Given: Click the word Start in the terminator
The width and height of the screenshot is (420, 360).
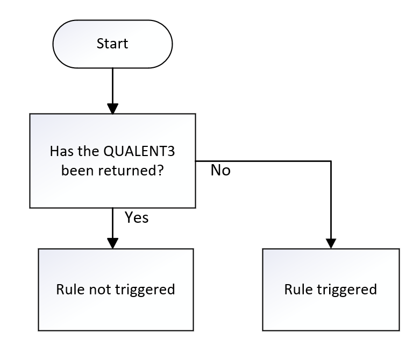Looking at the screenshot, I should pyautogui.click(x=112, y=44).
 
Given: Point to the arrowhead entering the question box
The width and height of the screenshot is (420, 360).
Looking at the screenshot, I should pyautogui.click(x=112, y=108).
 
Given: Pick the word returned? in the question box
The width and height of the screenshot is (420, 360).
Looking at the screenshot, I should pyautogui.click(x=139, y=170).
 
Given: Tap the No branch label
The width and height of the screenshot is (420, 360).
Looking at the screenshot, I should pyautogui.click(x=220, y=171).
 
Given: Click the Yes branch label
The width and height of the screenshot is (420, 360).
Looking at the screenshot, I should pyautogui.click(x=137, y=217).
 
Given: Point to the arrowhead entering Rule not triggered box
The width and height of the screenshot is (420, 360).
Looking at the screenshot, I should pyautogui.click(x=112, y=242).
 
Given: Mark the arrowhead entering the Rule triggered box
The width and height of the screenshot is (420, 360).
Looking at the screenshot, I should pyautogui.click(x=331, y=242).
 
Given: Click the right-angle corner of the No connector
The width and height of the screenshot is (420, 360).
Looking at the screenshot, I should pyautogui.click(x=331, y=161).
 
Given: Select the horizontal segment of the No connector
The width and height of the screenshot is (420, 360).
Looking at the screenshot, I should pyautogui.click(x=264, y=161).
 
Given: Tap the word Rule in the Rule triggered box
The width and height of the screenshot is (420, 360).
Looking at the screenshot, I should pyautogui.click(x=297, y=290).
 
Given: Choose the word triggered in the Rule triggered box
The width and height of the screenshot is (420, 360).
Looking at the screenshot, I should pyautogui.click(x=344, y=290).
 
